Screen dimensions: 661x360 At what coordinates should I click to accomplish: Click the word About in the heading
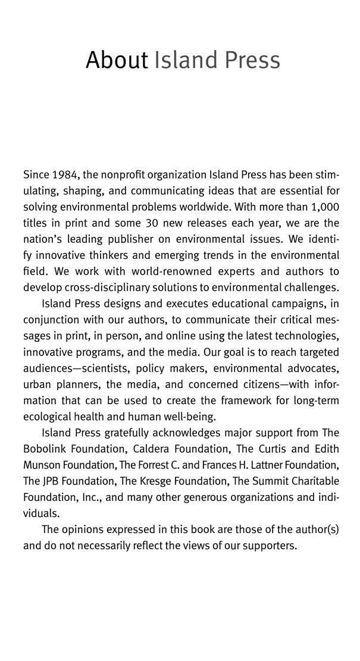116,60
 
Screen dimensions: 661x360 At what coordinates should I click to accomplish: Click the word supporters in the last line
267,546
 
